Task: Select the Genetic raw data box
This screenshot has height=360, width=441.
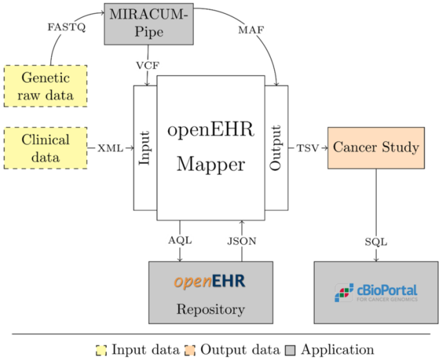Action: point(45,86)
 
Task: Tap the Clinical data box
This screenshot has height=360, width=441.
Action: point(45,148)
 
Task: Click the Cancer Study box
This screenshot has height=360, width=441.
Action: point(376,148)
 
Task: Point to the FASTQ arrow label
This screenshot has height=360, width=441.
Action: point(67,27)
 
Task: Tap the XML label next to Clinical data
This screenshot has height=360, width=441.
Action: point(111,148)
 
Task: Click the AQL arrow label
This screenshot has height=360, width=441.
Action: point(179,241)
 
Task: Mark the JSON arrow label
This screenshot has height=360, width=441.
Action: point(242,241)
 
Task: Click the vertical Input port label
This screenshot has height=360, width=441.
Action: point(145,148)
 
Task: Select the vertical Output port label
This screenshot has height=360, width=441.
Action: point(276,148)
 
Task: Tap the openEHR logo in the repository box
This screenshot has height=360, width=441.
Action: point(210,282)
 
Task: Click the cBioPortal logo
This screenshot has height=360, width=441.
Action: point(376,293)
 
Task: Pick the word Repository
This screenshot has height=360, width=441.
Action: point(210,309)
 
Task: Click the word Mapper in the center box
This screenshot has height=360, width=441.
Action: point(210,164)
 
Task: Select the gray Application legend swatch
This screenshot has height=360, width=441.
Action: point(289,350)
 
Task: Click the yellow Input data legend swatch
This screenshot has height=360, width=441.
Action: point(101,350)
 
